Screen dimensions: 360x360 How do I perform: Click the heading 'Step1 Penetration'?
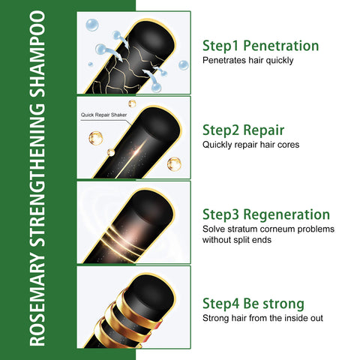pos(260,46)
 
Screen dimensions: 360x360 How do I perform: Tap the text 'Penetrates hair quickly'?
pos(247,60)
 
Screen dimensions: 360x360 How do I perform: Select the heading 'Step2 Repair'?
pos(243,130)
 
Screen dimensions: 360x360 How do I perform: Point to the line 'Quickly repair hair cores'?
pos(250,145)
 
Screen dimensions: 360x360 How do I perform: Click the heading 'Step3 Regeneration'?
pos(266,214)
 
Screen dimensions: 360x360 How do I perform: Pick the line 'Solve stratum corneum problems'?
pos(268,229)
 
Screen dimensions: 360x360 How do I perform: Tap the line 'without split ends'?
pos(237,240)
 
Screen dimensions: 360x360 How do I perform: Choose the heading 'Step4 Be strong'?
pos(253,304)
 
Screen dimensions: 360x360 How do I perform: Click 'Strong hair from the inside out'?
pos(262,318)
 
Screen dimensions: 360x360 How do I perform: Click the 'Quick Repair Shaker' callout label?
pos(103,115)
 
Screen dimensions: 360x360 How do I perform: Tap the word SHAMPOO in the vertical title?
pos(37,54)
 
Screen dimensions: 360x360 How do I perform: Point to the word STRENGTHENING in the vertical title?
pos(37,176)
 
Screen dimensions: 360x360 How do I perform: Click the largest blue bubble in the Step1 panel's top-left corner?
pos(92,25)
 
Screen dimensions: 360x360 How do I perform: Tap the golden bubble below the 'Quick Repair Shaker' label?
pos(96,138)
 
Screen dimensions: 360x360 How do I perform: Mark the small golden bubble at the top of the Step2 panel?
pos(132,103)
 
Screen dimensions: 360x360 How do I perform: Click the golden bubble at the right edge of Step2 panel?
pos(174,164)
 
